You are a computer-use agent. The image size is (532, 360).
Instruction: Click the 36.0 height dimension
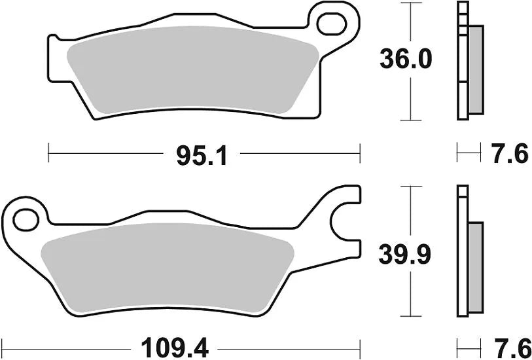406,60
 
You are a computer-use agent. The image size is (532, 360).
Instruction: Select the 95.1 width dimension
202,155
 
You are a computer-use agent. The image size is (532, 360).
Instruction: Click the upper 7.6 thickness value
508,154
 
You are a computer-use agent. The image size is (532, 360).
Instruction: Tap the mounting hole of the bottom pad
26,220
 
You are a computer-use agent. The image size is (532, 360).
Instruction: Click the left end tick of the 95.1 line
49,154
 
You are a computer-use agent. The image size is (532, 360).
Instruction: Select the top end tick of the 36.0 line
410,3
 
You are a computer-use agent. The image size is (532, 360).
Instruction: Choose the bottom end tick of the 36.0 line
410,120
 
